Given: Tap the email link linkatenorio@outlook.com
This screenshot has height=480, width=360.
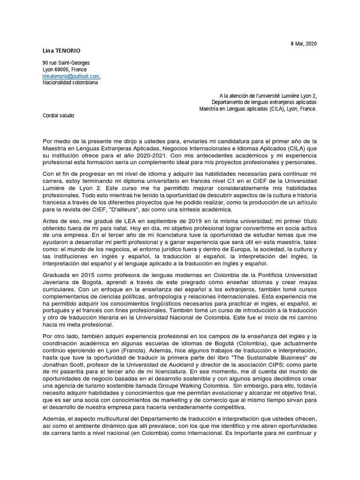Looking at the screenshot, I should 71,76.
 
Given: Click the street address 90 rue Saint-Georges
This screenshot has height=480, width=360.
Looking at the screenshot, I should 66,63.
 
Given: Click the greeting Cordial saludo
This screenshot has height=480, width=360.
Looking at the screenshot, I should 58,115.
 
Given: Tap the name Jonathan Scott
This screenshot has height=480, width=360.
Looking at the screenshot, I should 61,364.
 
